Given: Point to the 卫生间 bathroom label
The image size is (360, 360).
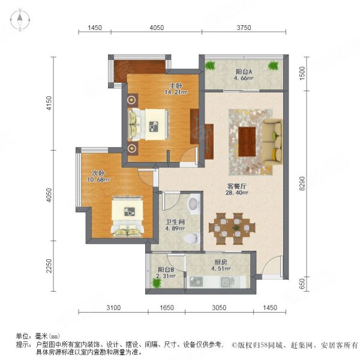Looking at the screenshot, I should [175, 221].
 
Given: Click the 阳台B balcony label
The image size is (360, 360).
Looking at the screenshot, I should [166, 271].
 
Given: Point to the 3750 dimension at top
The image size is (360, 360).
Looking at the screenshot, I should [244, 28].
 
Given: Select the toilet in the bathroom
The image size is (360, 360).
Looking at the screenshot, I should [191, 239].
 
